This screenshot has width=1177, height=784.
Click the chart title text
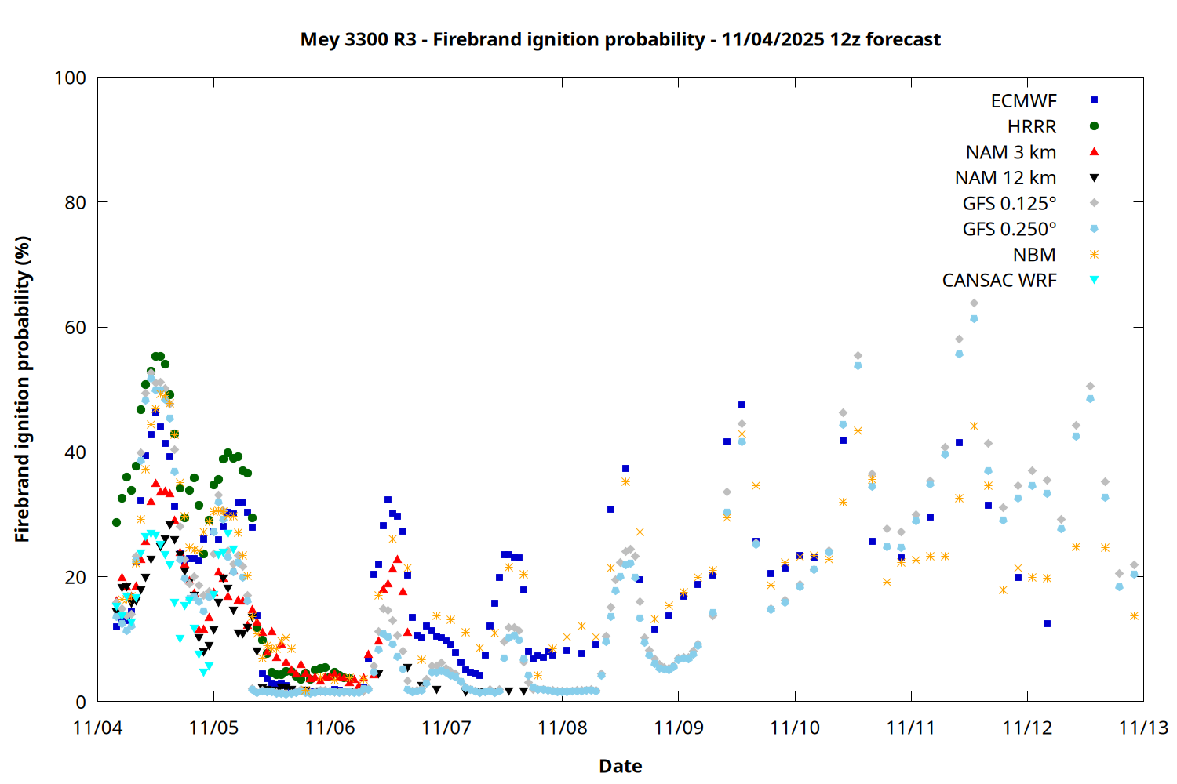620,39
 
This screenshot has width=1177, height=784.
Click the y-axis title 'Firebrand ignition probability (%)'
23,389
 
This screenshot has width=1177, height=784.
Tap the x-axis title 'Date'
620,766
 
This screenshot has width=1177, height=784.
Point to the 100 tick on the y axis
70,78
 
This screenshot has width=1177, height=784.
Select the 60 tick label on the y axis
75,327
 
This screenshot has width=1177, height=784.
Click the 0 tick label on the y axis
81,702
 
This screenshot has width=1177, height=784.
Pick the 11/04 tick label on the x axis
97,728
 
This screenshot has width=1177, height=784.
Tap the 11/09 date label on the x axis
679,728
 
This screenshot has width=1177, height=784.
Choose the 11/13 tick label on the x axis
1143,728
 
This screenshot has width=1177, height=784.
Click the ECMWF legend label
1023,101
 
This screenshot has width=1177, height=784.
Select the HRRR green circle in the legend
1094,126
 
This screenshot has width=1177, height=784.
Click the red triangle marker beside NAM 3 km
1094,151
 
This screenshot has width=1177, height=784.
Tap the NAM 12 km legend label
1005,178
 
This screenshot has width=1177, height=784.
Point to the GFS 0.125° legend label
1009,204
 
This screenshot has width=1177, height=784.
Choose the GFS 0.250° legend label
1009,229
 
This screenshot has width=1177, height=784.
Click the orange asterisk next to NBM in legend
1094,255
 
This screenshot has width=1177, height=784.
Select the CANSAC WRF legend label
999,281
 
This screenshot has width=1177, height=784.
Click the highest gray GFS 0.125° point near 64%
974,303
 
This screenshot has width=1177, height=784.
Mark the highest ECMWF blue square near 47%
742,405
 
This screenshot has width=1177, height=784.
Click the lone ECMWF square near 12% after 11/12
1047,624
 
